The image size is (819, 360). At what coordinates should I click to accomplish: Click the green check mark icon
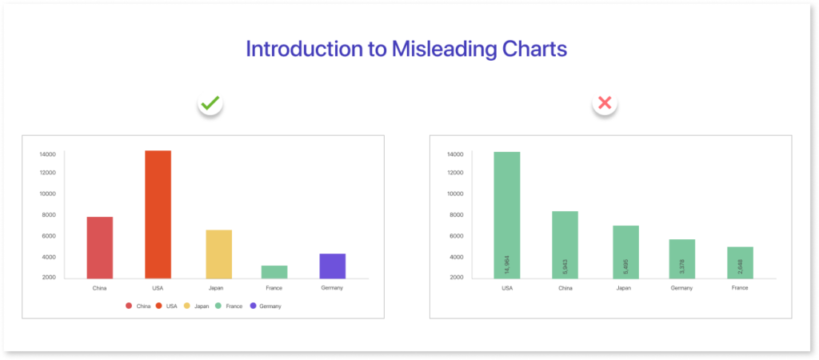coord(211,103)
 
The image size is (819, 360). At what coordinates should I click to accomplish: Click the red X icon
coord(605,103)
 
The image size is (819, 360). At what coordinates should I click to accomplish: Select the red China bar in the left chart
coord(100,247)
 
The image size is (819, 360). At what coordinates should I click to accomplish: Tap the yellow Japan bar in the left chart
coord(219,254)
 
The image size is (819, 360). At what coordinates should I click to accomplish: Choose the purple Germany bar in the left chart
coord(333,266)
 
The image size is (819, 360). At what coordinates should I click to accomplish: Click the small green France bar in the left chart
coord(274,271)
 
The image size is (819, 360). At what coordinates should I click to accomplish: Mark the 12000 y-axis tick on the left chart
coord(47,173)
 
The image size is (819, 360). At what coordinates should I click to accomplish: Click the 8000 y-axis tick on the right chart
coord(455,215)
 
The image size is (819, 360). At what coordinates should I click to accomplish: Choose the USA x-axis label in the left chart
coord(158,288)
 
